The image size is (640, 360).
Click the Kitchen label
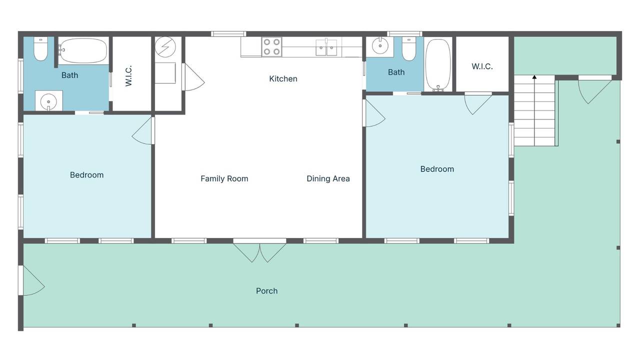[283, 78]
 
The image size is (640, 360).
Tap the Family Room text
[224, 178]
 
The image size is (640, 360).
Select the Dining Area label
[328, 178]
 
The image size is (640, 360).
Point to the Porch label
[266, 291]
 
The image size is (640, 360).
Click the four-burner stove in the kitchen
[271, 47]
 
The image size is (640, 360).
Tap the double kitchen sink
[326, 47]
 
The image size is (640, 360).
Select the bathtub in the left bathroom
[83, 50]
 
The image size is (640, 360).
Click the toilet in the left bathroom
[40, 49]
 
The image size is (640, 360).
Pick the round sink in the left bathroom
[48, 101]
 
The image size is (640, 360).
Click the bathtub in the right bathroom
[438, 65]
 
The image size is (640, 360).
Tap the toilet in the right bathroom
[409, 49]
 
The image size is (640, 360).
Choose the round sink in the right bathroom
[380, 45]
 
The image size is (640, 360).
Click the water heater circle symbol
[165, 47]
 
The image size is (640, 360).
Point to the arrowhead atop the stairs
[534, 77]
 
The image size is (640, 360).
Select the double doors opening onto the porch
[259, 250]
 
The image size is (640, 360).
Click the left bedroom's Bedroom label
[86, 175]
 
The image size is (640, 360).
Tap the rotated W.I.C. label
[128, 75]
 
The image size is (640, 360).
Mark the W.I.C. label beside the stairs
[482, 66]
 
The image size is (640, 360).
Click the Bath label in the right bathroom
[396, 72]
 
